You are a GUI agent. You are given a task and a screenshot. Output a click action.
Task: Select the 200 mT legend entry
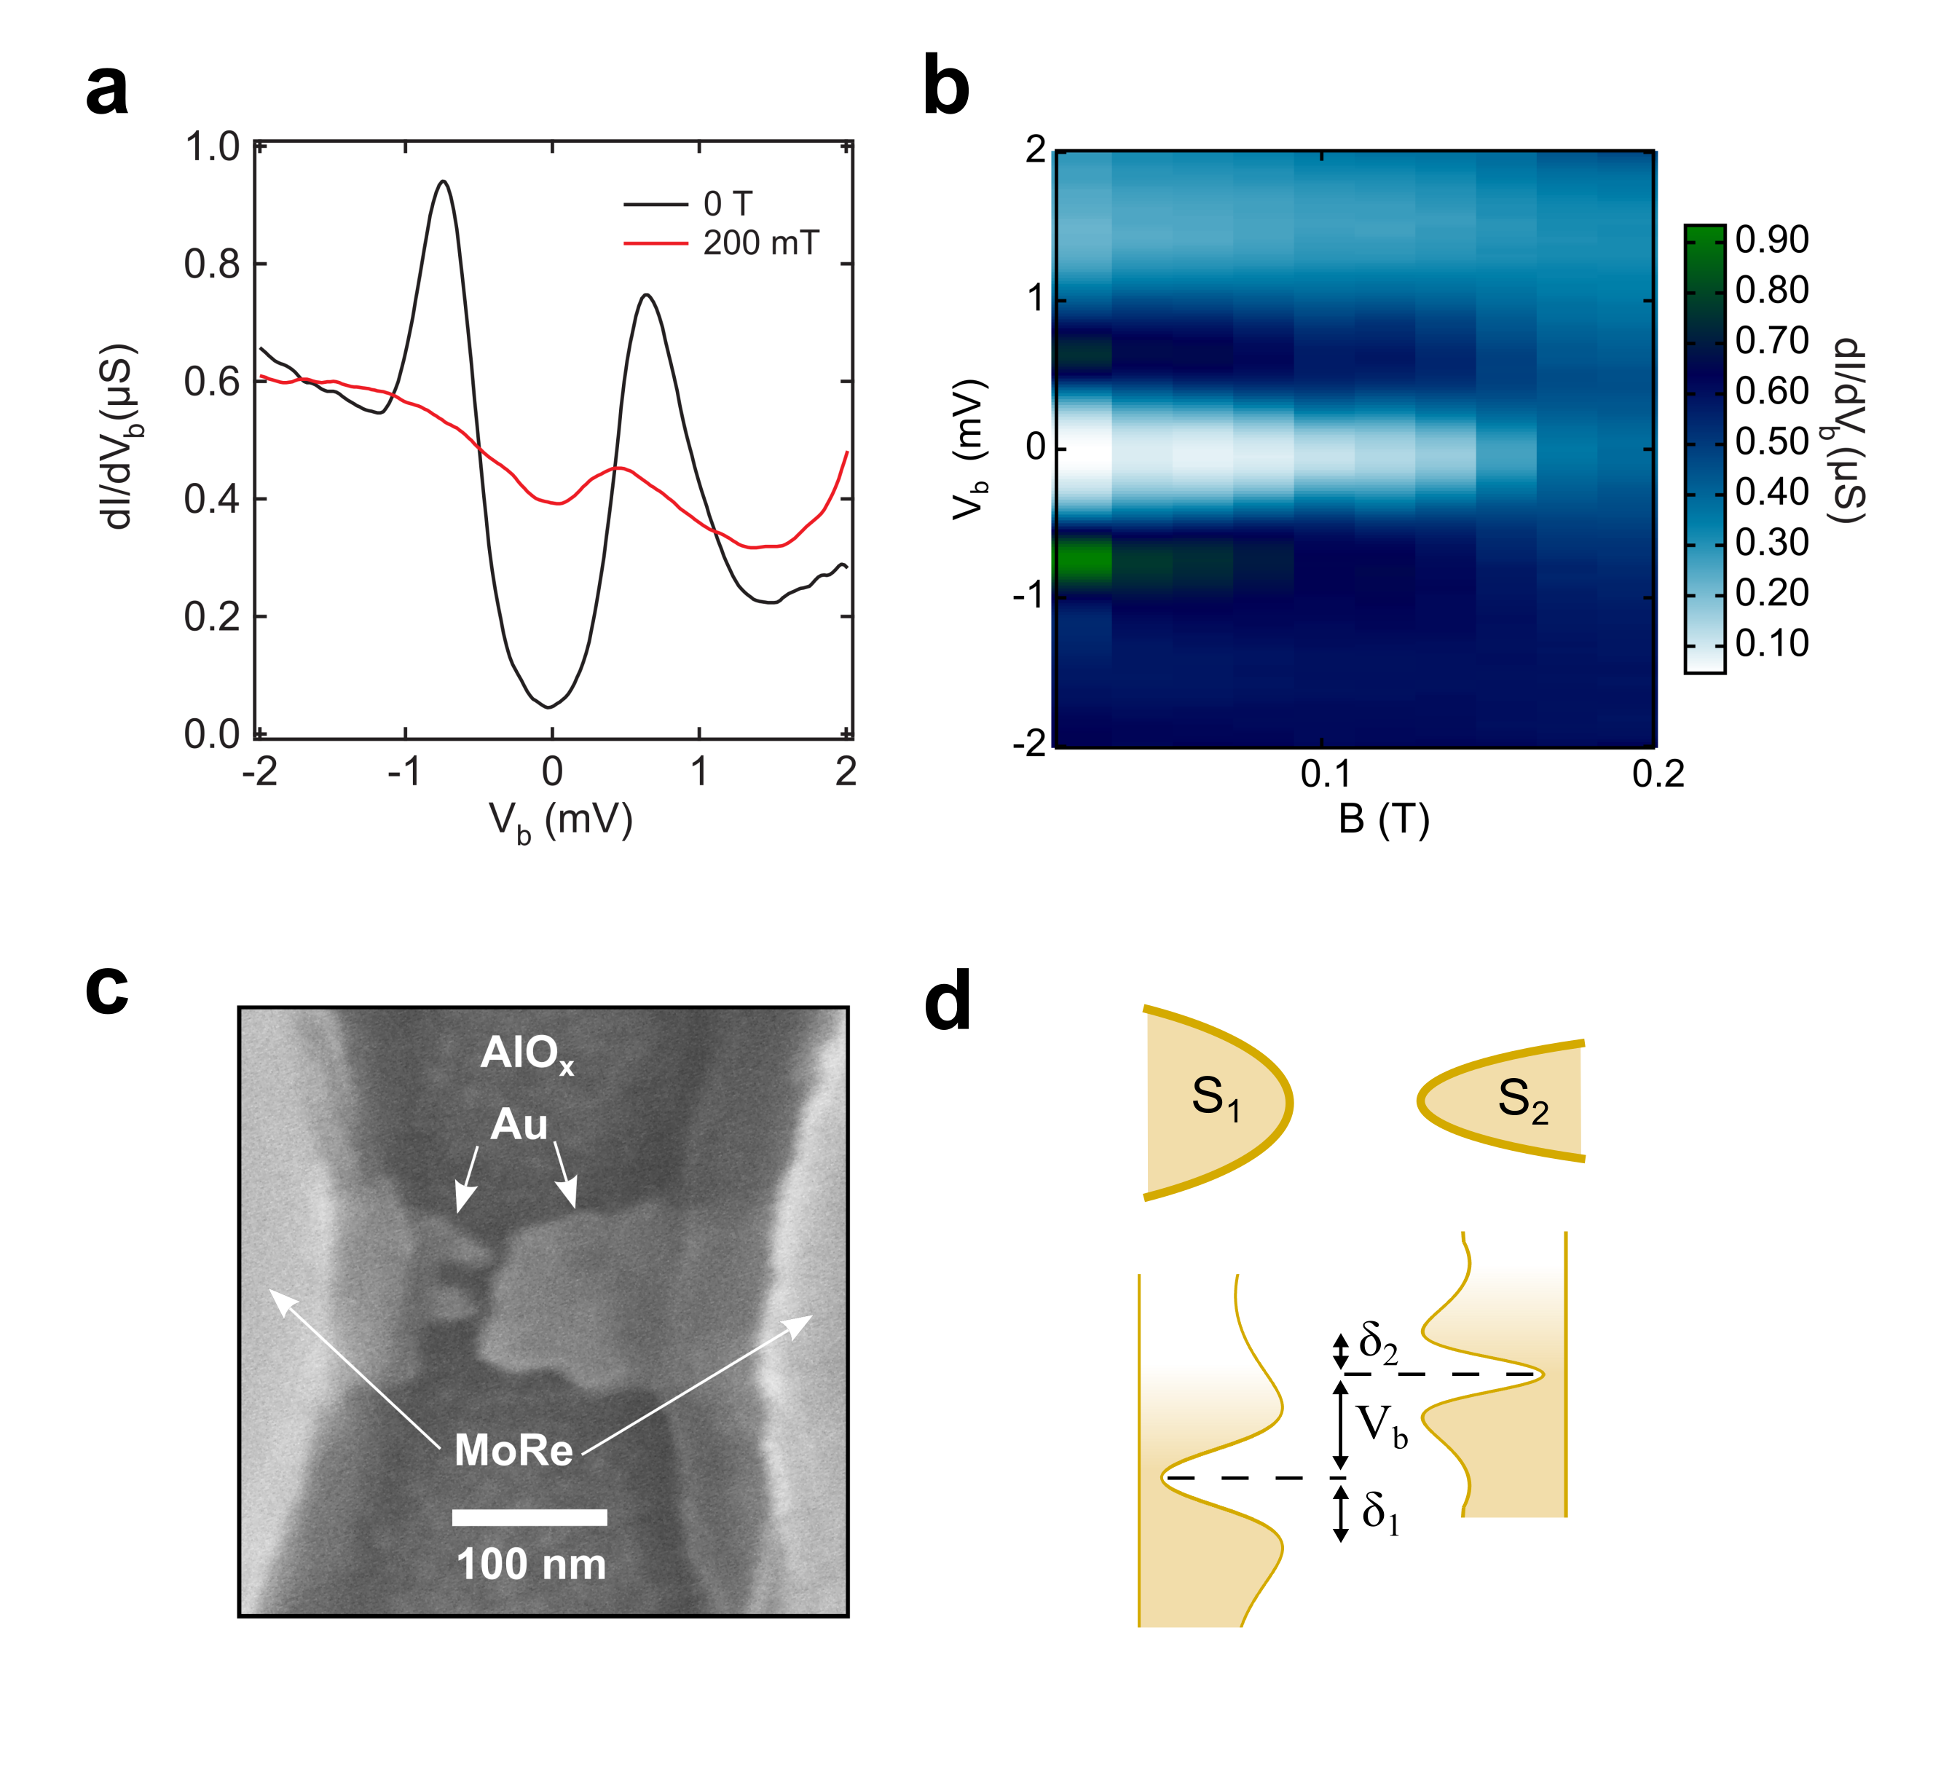(760, 243)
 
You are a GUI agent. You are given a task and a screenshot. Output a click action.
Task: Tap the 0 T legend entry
(727, 204)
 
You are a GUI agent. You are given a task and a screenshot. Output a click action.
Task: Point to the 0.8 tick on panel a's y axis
(212, 264)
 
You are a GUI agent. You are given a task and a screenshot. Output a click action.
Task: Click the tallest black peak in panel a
(444, 181)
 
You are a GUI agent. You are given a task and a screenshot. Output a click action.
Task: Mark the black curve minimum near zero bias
(549, 707)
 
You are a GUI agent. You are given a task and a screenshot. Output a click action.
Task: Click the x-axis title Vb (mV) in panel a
(561, 822)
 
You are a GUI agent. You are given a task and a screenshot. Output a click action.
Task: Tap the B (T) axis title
(1383, 819)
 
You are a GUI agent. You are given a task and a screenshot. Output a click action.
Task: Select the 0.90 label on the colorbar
(1771, 240)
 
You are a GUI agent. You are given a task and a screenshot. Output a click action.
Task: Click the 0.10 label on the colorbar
(1771, 642)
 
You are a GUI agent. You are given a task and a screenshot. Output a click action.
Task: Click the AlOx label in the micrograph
(527, 1053)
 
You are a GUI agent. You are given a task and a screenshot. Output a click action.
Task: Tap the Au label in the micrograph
(519, 1125)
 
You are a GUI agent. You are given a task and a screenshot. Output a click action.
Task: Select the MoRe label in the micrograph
(513, 1449)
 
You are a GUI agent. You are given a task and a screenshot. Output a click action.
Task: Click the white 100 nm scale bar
(529, 1516)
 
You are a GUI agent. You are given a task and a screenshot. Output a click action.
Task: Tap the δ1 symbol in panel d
(1380, 1513)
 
